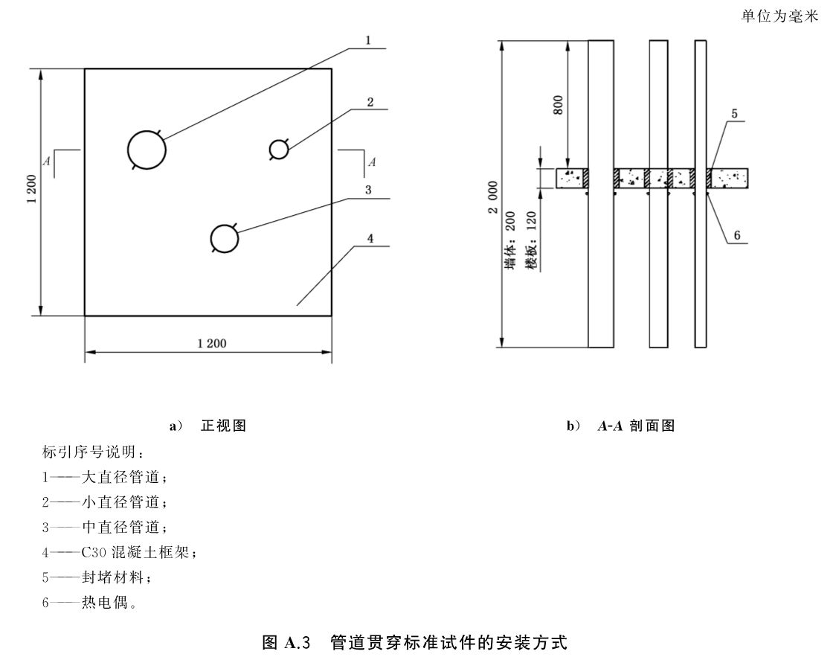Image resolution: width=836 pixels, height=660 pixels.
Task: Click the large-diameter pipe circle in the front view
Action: (x=128, y=150)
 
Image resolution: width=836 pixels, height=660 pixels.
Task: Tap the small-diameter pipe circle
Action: (x=270, y=150)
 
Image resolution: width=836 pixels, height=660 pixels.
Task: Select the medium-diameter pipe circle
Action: (x=210, y=239)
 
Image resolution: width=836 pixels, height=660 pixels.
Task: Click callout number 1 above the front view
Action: (x=368, y=40)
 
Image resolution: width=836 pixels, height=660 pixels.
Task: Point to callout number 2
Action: (x=370, y=102)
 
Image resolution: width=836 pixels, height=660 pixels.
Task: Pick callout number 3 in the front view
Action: (x=368, y=190)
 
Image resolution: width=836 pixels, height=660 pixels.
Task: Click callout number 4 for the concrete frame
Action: (x=370, y=239)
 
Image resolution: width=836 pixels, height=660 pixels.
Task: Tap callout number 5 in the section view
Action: (x=734, y=114)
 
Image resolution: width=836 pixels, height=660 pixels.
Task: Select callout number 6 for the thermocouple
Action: (x=737, y=235)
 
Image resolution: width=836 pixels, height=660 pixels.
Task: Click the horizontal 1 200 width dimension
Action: (x=212, y=344)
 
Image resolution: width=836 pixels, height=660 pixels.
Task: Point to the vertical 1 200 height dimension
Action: (x=31, y=189)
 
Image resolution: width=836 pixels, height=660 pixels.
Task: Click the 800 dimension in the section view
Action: (x=558, y=105)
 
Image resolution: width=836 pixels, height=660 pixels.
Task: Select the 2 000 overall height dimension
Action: (x=492, y=197)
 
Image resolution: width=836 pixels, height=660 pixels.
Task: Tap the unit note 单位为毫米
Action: (x=779, y=16)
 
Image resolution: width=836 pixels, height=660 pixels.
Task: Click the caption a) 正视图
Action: (x=208, y=425)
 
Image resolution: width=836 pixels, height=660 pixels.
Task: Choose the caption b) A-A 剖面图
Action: (x=620, y=425)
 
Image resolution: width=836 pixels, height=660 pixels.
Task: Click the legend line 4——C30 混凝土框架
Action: (x=120, y=552)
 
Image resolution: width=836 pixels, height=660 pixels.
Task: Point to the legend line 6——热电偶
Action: (x=89, y=603)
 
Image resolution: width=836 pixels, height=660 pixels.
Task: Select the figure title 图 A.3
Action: (x=286, y=642)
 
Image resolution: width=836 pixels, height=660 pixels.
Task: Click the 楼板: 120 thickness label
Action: (x=530, y=240)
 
